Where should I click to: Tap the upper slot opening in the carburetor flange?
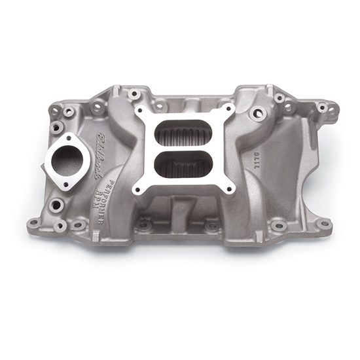click(182, 135)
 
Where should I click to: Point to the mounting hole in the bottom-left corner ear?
click(34, 222)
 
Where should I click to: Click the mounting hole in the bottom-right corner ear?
click(323, 223)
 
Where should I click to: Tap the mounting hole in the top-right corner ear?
click(322, 107)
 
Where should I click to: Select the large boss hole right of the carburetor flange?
click(258, 113)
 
